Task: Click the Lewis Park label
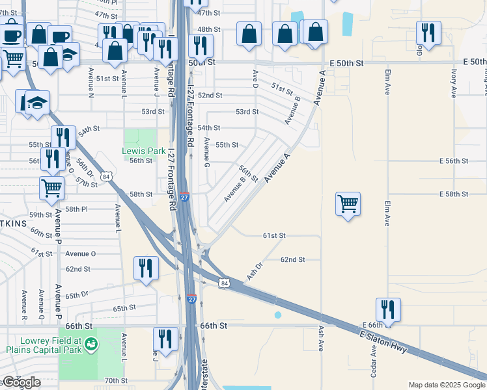[139, 151]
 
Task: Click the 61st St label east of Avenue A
[274, 235]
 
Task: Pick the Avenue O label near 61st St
[81, 253]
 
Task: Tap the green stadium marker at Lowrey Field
[92, 342]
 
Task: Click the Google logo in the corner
[21, 382]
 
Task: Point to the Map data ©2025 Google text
[446, 385]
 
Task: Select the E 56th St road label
[454, 161]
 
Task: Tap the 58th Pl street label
[76, 209]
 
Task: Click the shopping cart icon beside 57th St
[51, 188]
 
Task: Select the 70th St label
[115, 380]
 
